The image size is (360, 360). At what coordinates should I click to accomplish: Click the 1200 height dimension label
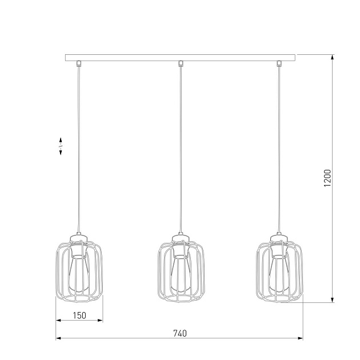327,178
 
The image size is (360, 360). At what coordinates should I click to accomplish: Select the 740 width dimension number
179,333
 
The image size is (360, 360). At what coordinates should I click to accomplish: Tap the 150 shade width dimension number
79,315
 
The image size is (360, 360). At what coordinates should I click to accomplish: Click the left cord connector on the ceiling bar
79,63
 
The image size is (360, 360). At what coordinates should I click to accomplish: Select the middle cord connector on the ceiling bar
180,63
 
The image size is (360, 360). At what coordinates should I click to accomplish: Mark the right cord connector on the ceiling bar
279,63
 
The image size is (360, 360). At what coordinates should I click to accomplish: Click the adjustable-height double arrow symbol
61,146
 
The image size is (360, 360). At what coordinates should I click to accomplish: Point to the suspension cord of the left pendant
79,143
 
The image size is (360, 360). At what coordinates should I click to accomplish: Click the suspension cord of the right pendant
279,143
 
